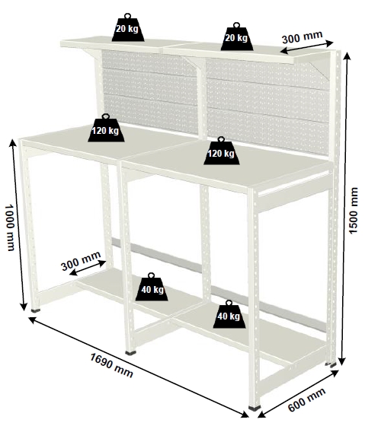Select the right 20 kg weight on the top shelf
tap(236, 37)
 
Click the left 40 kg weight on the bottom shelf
tap(152, 288)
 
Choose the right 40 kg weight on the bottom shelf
tap(229, 314)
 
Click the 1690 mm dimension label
tap(111, 365)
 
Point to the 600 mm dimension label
tap(307, 399)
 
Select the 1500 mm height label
tap(353, 210)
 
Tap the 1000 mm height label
tap(10, 227)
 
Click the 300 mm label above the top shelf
tap(302, 37)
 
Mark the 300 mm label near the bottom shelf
tap(81, 261)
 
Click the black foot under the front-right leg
tap(255, 408)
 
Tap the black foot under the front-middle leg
tap(131, 353)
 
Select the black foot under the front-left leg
tap(35, 310)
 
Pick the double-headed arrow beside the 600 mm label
tap(298, 393)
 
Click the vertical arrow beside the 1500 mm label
tap(344, 208)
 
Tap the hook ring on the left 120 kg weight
tap(106, 116)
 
